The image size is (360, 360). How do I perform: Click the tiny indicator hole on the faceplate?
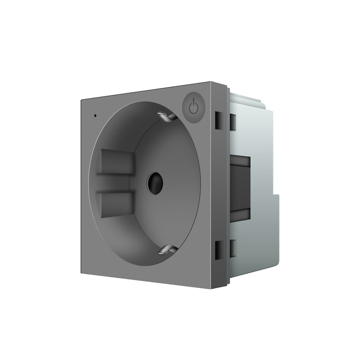pos(95,116)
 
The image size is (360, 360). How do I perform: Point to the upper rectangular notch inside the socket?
pos(115,161)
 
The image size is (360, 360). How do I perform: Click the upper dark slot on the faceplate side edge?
pos(218,121)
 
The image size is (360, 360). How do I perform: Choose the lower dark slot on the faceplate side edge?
pos(218,249)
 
